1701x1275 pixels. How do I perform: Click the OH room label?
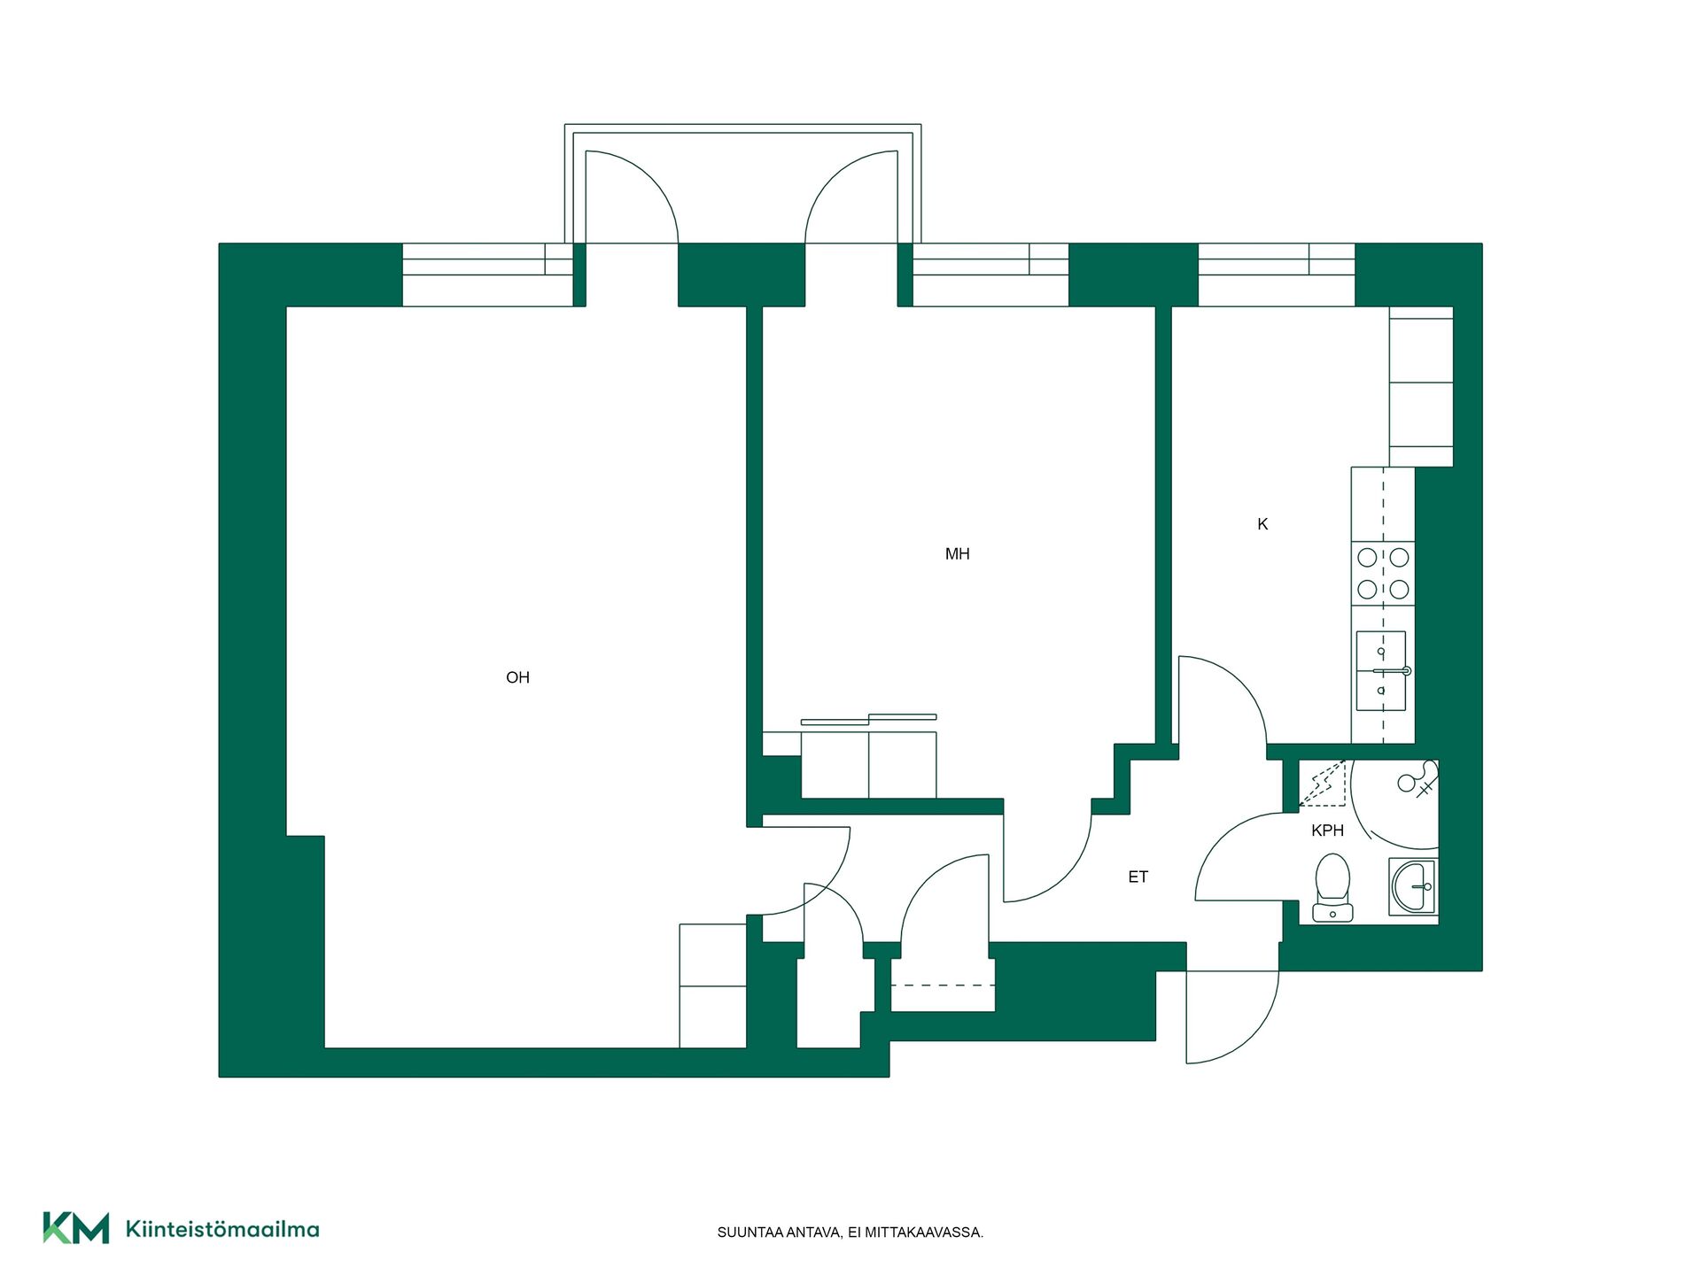click(517, 677)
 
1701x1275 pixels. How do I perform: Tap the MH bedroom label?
click(957, 554)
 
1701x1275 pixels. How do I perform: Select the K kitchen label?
click(1262, 524)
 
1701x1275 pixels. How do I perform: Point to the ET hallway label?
click(1138, 877)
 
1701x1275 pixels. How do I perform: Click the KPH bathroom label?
click(1327, 831)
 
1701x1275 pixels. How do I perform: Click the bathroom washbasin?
click(1413, 886)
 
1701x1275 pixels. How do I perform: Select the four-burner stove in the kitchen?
click(1383, 573)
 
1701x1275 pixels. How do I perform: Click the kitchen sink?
click(1381, 670)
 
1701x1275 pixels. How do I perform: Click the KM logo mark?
click(76, 1228)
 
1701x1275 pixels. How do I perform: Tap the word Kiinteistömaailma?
click(222, 1229)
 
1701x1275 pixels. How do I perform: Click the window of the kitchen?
click(1277, 274)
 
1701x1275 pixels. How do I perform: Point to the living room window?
click(488, 274)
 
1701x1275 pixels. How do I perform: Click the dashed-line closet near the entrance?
click(943, 985)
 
